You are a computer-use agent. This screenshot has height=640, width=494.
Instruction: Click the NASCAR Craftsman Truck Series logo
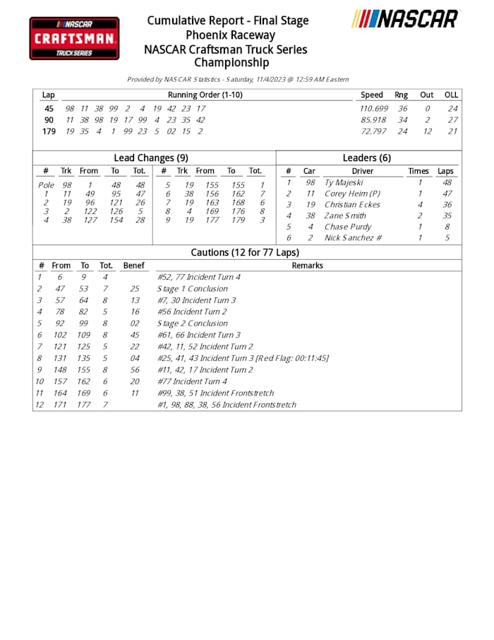pyautogui.click(x=74, y=38)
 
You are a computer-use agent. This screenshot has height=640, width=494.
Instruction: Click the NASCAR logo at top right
pyautogui.click(x=405, y=19)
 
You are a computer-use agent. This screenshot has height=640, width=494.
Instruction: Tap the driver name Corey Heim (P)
pyautogui.click(x=352, y=194)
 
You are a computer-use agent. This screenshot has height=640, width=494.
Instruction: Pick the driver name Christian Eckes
pyautogui.click(x=352, y=205)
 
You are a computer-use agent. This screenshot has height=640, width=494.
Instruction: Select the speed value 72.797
pyautogui.click(x=374, y=131)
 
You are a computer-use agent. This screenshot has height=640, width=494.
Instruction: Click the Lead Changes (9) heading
pyautogui.click(x=150, y=158)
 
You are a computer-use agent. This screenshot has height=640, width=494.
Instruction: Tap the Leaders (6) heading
pyautogui.click(x=366, y=158)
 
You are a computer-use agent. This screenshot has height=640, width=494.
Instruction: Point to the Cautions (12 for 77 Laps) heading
pyautogui.click(x=245, y=252)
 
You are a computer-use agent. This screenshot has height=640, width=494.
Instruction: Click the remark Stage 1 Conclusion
pyautogui.click(x=193, y=289)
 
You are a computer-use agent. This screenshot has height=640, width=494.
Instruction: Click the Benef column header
pyautogui.click(x=133, y=266)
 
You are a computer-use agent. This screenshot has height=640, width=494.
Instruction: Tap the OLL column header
pyautogui.click(x=451, y=95)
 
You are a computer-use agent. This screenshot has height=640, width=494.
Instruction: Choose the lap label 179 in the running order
pyautogui.click(x=49, y=131)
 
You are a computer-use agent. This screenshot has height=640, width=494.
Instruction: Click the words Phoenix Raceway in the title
pyautogui.click(x=231, y=35)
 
